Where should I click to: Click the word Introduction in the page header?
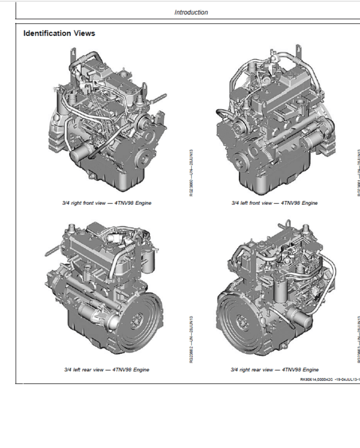tap(191, 12)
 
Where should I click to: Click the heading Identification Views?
tap(59, 33)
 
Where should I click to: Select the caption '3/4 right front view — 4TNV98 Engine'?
tap(107, 203)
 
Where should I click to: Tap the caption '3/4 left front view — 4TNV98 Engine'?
tap(274, 203)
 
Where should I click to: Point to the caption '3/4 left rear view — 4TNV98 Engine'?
tap(106, 369)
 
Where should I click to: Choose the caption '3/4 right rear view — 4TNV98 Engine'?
tap(275, 369)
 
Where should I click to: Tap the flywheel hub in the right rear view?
tap(237, 316)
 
